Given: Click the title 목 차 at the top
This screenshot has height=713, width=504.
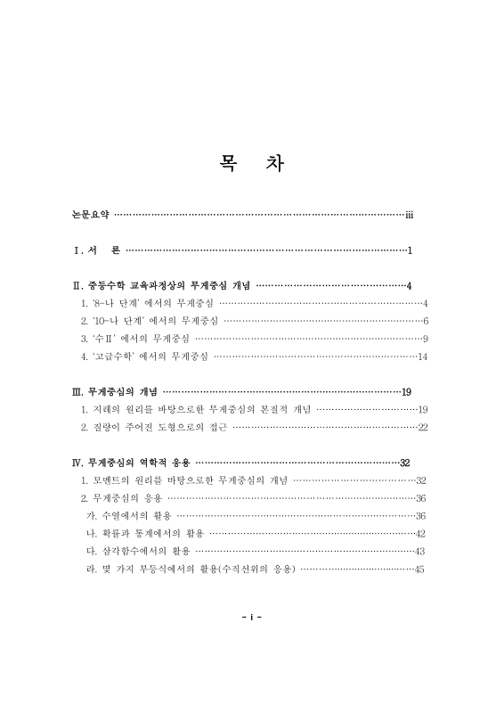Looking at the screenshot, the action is point(252,165).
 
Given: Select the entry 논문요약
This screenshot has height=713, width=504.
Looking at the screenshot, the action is point(90,215).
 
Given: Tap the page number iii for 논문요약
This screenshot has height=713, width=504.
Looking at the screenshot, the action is point(409,215).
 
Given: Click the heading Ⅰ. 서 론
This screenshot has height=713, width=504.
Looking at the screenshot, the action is point(97,251).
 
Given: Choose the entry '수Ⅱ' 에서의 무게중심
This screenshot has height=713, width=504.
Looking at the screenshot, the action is point(134,339).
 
